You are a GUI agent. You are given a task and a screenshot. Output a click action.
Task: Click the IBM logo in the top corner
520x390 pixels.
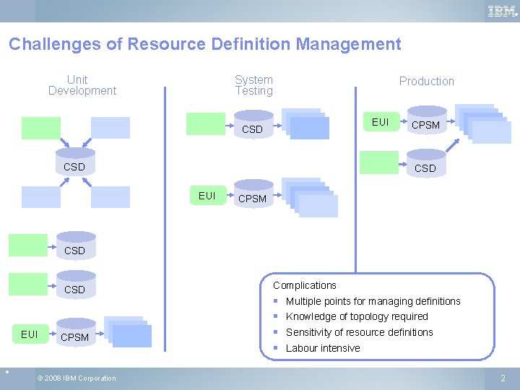[501, 11]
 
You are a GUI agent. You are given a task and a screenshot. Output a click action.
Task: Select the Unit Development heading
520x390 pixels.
[82, 85]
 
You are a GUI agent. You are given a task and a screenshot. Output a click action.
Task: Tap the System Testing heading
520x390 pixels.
[253, 85]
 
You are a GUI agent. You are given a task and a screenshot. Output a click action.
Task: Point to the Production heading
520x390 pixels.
[426, 82]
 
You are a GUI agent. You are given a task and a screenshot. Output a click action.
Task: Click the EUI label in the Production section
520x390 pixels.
[380, 122]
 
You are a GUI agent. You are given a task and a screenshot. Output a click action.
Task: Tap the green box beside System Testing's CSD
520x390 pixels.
[206, 123]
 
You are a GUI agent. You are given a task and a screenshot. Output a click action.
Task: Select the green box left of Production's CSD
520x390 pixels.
[379, 162]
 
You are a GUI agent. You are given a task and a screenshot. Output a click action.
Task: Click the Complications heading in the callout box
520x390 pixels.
[304, 285]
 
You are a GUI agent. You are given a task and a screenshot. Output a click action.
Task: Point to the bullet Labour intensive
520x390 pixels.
[323, 348]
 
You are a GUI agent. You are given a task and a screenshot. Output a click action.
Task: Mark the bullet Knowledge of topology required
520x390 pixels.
[357, 316]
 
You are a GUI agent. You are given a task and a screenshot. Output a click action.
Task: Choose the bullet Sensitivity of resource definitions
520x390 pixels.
[359, 332]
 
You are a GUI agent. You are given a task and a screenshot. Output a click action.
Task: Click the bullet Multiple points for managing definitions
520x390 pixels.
[373, 301]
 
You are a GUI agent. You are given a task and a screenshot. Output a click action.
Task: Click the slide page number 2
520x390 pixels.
[503, 378]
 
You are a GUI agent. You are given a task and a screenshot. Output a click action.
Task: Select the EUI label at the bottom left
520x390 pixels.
[30, 334]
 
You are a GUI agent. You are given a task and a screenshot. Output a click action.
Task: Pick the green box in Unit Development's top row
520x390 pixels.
[41, 128]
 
